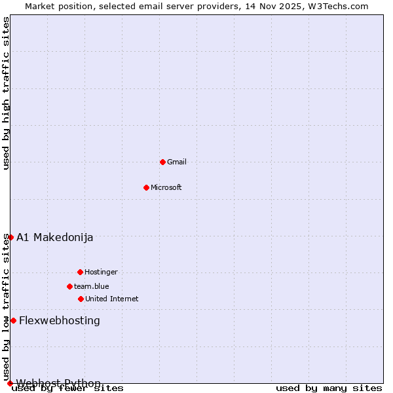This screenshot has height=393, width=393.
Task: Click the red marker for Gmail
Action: pyautogui.click(x=162, y=162)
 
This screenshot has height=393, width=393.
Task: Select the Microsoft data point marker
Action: pyautogui.click(x=146, y=187)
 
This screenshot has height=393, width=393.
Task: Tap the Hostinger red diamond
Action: pyautogui.click(x=80, y=272)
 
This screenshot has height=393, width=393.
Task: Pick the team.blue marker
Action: pyautogui.click(x=69, y=286)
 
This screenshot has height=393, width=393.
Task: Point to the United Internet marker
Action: pyautogui.click(x=81, y=299)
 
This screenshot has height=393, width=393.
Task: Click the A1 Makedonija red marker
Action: pyautogui.click(x=10, y=237)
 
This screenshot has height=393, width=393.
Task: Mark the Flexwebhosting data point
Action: pyautogui.click(x=13, y=320)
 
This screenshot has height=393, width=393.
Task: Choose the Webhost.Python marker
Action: pyautogui.click(x=10, y=383)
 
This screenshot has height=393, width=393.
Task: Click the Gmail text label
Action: pyautogui.click(x=177, y=162)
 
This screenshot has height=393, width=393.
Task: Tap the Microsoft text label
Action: pyautogui.click(x=166, y=187)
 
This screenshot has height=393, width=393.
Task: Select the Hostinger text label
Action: pyautogui.click(x=101, y=272)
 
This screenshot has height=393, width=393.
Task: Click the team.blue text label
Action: pyautogui.click(x=92, y=286)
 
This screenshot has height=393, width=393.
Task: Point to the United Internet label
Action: pyautogui.click(x=112, y=299)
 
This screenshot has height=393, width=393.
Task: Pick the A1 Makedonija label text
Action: pyautogui.click(x=55, y=237)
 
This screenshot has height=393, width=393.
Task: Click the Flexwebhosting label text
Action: pyautogui.click(x=60, y=320)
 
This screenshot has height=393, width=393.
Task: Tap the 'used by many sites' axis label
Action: pyautogui.click(x=329, y=388)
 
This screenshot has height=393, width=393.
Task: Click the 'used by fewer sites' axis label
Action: pyautogui.click(x=68, y=388)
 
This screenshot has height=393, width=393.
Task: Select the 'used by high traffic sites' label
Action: pyautogui.click(x=7, y=93)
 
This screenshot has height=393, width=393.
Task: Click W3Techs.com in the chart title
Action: pyautogui.click(x=338, y=6)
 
